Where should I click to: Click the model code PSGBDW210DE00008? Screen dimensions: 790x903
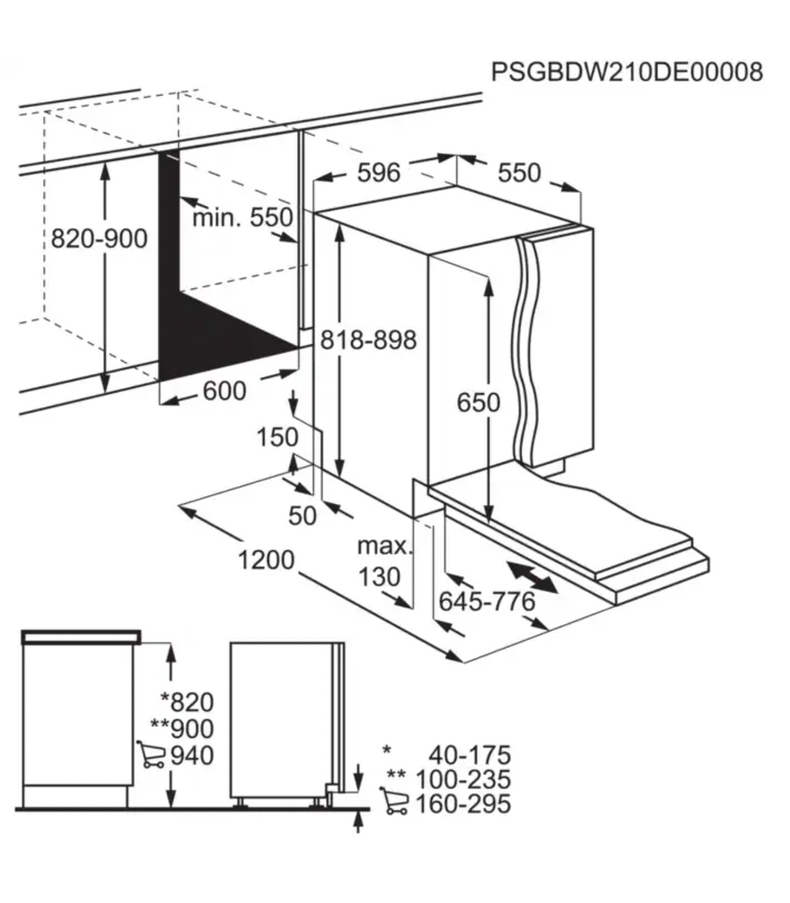point(627,72)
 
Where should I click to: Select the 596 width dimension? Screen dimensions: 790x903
point(379,172)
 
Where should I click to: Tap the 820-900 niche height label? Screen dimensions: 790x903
point(99,239)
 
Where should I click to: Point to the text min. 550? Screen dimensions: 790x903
point(242,217)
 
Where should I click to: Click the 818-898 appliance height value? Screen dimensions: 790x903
point(368,340)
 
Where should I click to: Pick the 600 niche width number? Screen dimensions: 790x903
point(224,391)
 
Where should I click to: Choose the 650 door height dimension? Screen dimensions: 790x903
point(478,402)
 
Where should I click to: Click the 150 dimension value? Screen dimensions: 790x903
point(278,438)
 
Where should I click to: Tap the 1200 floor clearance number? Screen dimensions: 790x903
point(266,560)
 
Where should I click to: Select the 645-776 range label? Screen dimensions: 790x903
point(487,601)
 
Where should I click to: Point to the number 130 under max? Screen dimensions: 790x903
point(379,577)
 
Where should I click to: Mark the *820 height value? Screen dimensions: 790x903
point(187,702)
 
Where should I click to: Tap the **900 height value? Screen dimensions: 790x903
point(182,728)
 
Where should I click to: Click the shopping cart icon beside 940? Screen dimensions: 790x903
point(151,755)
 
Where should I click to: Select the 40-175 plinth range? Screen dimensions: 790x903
point(470,755)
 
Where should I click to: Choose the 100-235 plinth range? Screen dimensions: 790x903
point(463,779)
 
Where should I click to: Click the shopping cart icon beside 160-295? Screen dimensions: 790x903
point(394,801)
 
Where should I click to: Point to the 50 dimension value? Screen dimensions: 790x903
point(302,515)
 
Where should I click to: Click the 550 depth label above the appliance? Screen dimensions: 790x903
point(519,173)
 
